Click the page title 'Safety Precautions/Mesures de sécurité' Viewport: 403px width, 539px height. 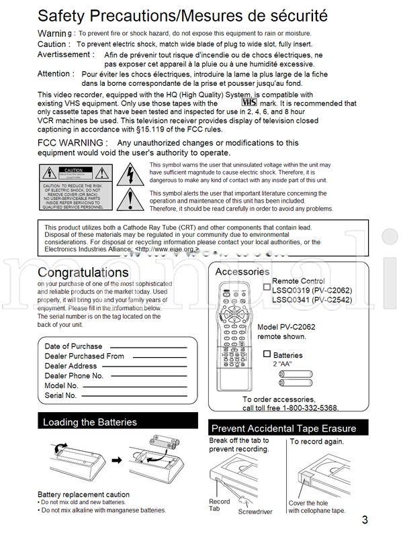point(182,15)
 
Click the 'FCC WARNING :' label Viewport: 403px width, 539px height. point(72,143)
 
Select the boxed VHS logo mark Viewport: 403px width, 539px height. point(249,103)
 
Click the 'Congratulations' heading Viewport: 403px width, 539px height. point(83,273)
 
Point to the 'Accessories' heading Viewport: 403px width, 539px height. point(242,272)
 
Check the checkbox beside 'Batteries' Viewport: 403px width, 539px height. point(267,354)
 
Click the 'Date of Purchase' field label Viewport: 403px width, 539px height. point(73,346)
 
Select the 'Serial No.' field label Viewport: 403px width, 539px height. point(60,396)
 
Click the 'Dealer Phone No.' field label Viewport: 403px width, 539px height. point(74,376)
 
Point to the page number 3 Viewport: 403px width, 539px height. point(365,519)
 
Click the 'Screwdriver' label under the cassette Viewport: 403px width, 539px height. point(255,511)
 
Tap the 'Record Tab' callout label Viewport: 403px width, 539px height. point(219,505)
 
